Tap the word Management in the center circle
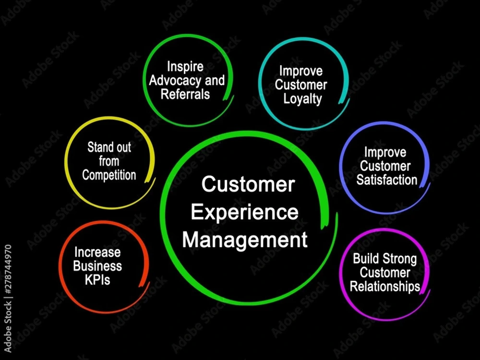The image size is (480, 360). click(245, 240)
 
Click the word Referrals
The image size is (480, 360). click(185, 94)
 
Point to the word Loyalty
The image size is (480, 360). click(302, 99)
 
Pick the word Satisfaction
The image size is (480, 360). click(386, 180)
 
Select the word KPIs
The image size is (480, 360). click(97, 279)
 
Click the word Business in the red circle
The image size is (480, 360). click(97, 266)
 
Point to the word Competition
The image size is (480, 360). click(109, 175)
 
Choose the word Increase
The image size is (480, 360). click(97, 252)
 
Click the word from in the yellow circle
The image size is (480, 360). click(109, 161)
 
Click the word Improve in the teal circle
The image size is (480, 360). click(301, 72)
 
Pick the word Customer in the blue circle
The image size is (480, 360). click(385, 166)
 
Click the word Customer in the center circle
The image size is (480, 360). click(248, 184)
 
